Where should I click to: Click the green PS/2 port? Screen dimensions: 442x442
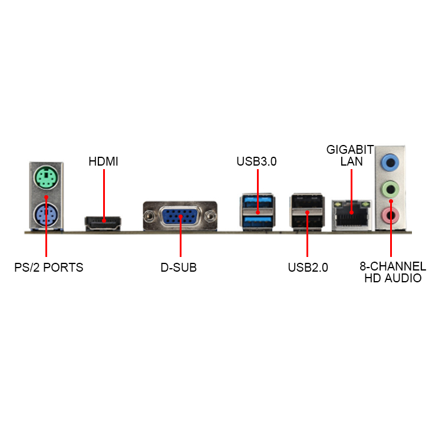point(45,176)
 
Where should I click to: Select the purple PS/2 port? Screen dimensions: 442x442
point(45,215)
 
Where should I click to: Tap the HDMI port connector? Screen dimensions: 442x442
point(103,223)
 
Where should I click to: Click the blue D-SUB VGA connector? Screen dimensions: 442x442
point(180,216)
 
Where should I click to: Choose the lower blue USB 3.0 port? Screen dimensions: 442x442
point(258,221)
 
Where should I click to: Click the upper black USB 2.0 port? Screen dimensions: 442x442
point(307,203)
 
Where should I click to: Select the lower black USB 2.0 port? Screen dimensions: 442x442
point(307,221)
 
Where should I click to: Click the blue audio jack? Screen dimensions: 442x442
point(390,161)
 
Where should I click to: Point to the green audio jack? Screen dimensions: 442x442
point(390,189)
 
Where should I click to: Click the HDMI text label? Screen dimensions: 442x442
point(103,161)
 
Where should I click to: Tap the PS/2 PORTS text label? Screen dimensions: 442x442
point(49,268)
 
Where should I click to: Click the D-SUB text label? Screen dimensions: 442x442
point(179,268)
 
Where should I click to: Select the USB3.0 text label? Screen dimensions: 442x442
point(256,161)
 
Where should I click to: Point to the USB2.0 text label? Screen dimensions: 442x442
point(308,268)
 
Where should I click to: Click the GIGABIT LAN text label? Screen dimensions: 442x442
point(350,155)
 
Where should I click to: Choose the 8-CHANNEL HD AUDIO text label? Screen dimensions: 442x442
point(392,272)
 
